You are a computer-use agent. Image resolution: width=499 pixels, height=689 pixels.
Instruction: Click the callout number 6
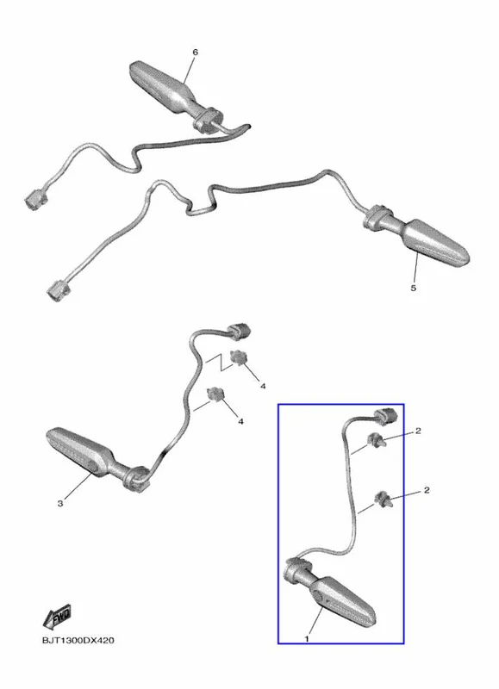coord(195,53)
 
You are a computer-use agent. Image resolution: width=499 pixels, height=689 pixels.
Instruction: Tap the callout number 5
coord(413,288)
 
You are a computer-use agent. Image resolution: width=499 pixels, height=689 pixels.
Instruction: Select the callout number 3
coord(60,503)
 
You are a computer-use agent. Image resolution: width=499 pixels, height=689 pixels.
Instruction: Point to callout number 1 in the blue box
coord(307,638)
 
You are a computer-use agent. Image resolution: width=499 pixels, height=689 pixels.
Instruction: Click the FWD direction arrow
coord(57,618)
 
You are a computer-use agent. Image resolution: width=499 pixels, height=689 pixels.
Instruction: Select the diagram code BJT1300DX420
coord(78,640)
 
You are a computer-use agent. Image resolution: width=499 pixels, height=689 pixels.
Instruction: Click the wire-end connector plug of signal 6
coord(35,199)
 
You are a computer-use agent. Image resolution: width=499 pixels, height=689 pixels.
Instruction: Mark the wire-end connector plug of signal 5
coord(58,290)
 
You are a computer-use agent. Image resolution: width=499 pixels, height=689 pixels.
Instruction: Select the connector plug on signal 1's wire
coord(385,416)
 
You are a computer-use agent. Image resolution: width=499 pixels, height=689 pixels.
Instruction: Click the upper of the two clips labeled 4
coord(238,357)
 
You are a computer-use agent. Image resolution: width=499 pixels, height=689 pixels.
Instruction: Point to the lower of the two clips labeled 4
coord(215,394)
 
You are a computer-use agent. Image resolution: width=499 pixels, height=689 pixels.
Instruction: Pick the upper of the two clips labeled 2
coord(376,439)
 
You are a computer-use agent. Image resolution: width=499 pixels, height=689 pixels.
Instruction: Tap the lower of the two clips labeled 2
coord(383,499)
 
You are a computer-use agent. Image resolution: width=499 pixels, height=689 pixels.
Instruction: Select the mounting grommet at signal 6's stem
coord(208,120)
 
